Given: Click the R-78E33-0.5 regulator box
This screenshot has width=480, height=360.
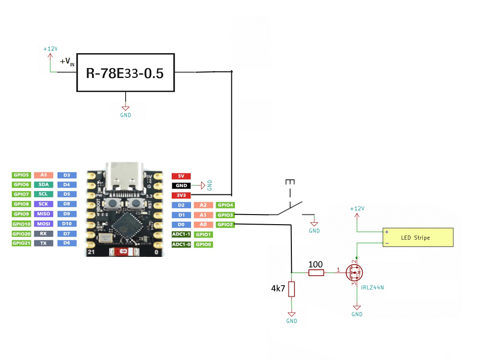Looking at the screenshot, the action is click(125, 72).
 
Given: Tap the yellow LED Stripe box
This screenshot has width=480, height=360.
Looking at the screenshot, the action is click(418, 237).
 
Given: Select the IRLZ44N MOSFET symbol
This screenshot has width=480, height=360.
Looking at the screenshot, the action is click(355, 272).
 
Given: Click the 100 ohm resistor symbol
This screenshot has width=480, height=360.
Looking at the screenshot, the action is click(316, 273).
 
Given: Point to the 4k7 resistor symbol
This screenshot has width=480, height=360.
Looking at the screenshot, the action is click(291, 289).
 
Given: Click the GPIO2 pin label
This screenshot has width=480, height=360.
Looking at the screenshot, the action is click(225, 224).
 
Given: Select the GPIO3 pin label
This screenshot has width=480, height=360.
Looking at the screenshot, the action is click(225, 215).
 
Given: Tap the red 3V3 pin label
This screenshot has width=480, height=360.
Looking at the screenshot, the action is click(181, 195).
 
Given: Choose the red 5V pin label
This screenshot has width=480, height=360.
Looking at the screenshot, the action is click(181, 176).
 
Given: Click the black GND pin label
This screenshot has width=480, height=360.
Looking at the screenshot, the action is click(181, 185).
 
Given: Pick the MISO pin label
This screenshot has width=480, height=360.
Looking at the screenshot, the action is click(44, 214).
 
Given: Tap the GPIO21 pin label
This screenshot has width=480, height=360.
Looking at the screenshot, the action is click(22, 243).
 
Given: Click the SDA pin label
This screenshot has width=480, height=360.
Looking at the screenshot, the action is click(44, 184).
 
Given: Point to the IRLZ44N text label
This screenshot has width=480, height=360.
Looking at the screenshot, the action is click(372, 288).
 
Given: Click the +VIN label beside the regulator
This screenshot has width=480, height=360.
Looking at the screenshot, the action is click(67, 61).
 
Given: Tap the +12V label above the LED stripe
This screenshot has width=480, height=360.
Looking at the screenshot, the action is click(357, 208).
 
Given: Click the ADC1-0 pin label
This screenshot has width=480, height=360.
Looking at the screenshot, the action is click(181, 244).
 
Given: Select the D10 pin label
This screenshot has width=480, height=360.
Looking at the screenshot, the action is click(67, 224).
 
